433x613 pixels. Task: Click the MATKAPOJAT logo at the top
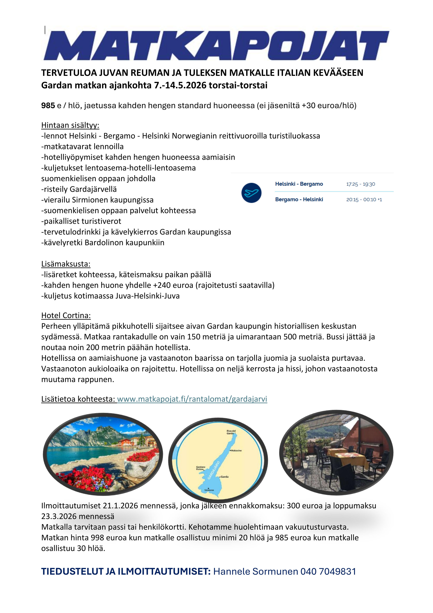click(x=216, y=45)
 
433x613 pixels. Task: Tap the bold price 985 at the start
click(x=48, y=106)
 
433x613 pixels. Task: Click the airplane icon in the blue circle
click(x=251, y=193)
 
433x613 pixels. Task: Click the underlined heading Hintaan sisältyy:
click(x=70, y=125)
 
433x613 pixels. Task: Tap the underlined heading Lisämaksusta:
click(x=66, y=264)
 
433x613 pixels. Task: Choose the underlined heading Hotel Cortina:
click(x=66, y=316)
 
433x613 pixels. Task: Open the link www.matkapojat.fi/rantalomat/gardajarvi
click(x=192, y=399)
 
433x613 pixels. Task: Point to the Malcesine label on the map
click(x=236, y=451)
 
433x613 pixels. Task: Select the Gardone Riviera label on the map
click(x=201, y=468)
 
